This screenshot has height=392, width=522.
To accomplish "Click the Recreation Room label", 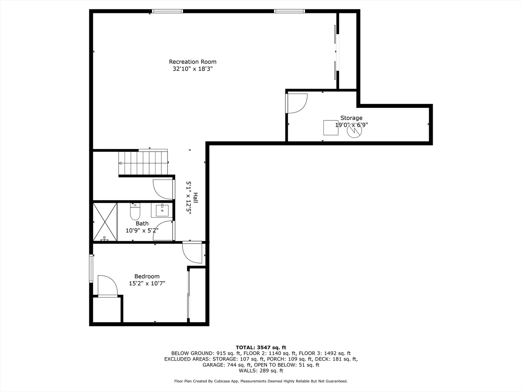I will pos(192,62).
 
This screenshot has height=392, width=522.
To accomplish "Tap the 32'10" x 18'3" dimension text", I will pos(192,69).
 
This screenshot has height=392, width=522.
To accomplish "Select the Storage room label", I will pos(351,118).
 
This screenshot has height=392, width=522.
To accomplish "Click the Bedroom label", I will pos(147,276).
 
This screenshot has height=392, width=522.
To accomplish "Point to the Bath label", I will pos(142,223).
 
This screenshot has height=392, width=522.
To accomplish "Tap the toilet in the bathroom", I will pos(135,212).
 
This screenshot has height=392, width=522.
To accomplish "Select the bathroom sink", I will pos(162,211).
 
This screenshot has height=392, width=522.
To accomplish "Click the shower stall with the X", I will pos(105,221).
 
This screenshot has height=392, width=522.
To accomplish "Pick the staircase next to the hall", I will pos(143,162).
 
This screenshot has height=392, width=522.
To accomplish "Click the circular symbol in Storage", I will pos(354,131).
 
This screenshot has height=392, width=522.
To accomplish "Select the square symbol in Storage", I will pos(331,127).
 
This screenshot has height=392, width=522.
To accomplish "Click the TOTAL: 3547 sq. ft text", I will pos(261,347).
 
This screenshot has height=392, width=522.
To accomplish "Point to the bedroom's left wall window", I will pos(91,269).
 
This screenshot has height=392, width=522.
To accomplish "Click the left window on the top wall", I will pos(167,11).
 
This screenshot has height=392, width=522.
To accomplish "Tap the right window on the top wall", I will pos(289,11).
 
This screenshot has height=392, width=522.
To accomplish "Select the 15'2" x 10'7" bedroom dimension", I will pos(147,283).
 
